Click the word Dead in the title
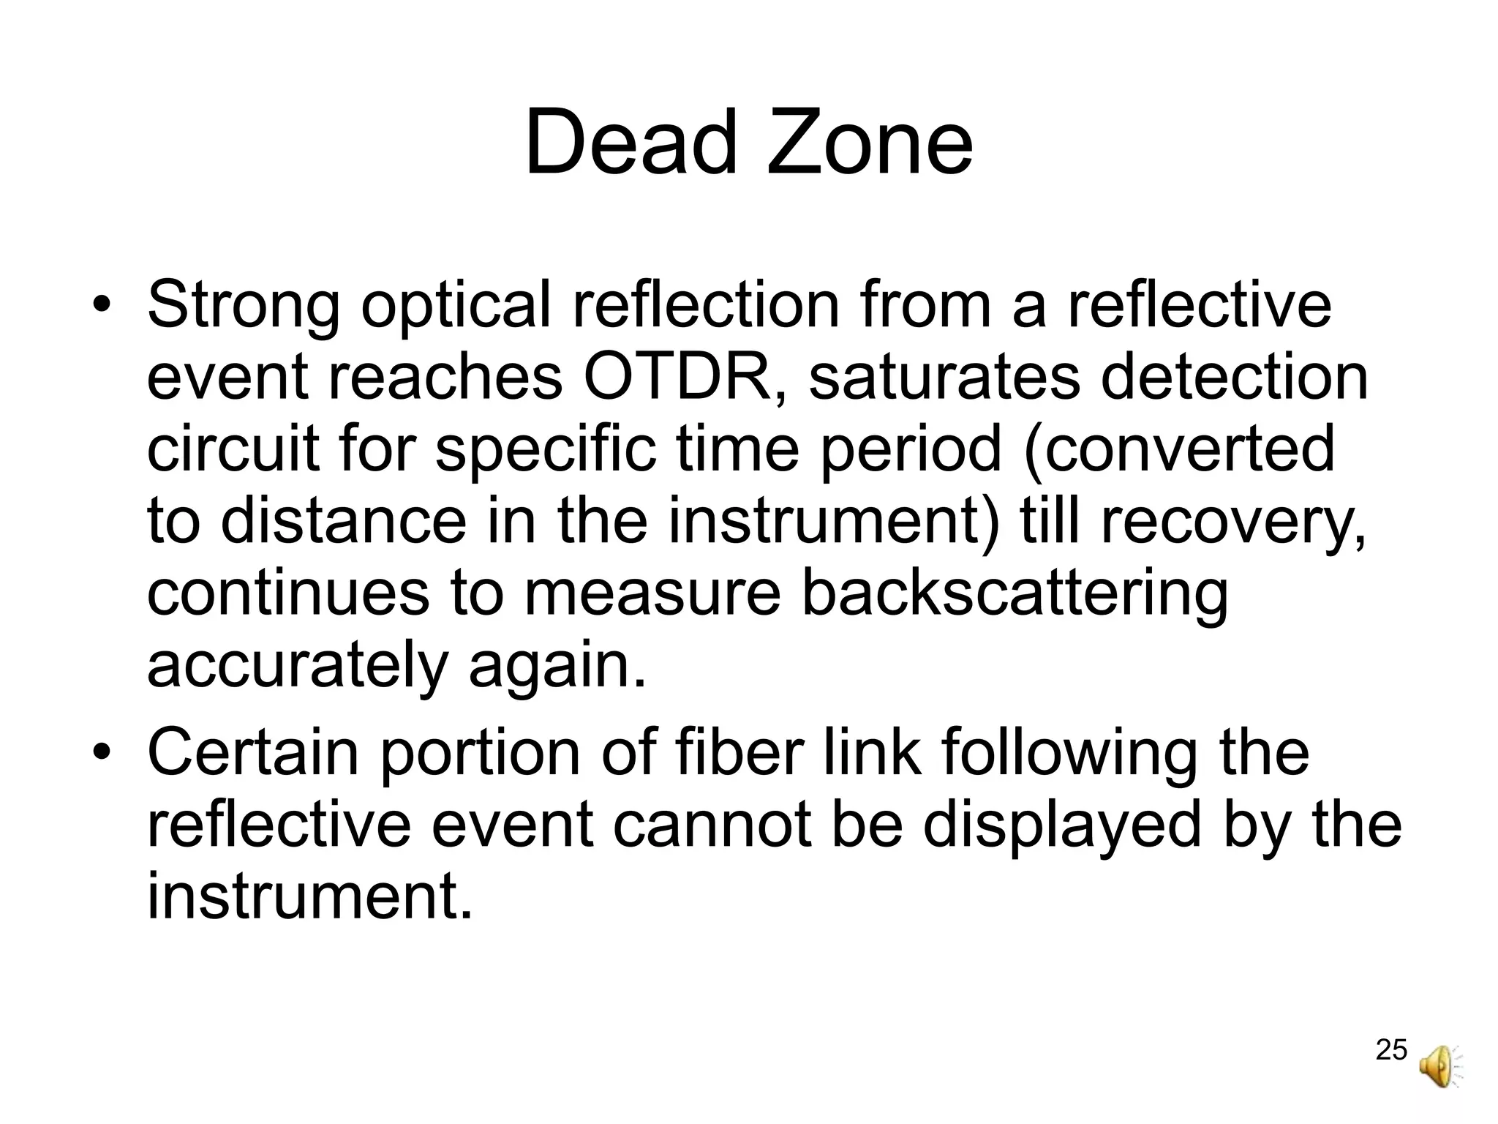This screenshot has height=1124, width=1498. (631, 143)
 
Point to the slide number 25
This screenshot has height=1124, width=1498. (1391, 1049)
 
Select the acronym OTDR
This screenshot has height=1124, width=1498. (677, 378)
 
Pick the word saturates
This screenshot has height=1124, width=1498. (943, 378)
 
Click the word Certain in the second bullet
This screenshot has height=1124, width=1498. (252, 752)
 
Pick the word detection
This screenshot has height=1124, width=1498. (1234, 378)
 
